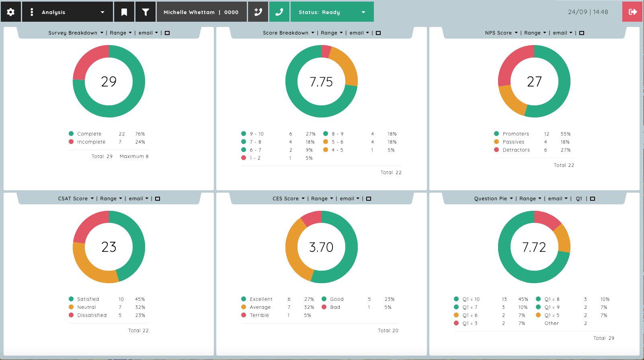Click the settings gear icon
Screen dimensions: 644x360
(10, 12)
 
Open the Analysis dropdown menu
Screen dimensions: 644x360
(67, 12)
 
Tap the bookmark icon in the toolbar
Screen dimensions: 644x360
(124, 12)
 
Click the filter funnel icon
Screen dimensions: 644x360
(146, 12)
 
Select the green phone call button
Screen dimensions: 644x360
(279, 12)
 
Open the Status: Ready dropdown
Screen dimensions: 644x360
(332, 12)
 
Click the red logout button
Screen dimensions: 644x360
(632, 12)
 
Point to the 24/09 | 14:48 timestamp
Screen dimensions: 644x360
(588, 12)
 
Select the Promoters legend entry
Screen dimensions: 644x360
(516, 134)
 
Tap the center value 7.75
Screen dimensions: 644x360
(321, 82)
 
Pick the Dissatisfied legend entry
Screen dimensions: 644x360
(92, 315)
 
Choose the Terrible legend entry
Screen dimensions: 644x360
(259, 315)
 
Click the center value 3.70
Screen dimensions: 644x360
(321, 247)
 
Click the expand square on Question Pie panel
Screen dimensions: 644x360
(593, 199)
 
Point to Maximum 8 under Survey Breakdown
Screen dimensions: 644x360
(134, 156)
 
